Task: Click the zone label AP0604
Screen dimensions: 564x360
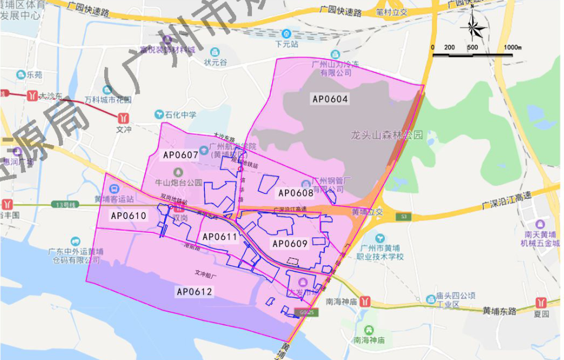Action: (330, 99)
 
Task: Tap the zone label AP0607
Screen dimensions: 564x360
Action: (181, 155)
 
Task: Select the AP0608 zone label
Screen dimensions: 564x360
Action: (296, 192)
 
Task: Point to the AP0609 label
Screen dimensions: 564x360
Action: (290, 243)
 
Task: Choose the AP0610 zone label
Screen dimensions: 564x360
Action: (128, 216)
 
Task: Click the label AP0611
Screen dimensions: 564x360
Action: (219, 236)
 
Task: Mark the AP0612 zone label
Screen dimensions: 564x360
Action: (194, 291)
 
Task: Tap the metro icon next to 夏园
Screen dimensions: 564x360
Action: (540, 303)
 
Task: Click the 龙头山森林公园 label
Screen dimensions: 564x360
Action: (386, 135)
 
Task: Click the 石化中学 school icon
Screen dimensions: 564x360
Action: (159, 114)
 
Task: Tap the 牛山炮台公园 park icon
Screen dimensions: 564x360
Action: (170, 171)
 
